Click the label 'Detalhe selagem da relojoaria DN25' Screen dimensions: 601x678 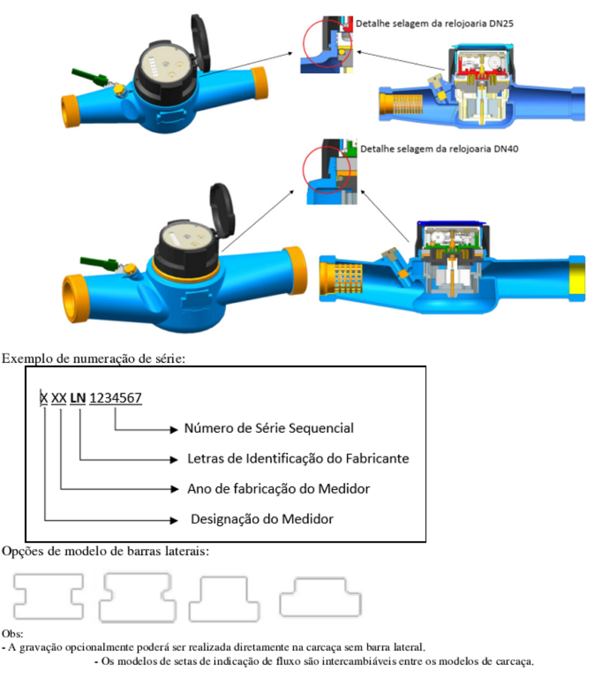pos(434,24)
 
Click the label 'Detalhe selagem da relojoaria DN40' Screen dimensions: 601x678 pos(439,149)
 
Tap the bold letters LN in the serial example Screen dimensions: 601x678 pos(78,398)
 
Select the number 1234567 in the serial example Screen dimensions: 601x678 pos(116,398)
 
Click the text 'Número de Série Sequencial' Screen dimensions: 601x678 pos(269,428)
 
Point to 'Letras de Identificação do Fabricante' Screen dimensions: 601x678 pos(298,459)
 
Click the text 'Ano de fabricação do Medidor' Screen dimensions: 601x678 pos(279,489)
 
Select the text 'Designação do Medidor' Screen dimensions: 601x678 pos(262,519)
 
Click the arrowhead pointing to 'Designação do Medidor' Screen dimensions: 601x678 pos(174,521)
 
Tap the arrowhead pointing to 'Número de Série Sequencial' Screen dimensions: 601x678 pos(174,430)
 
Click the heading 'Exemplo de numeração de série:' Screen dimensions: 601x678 pos(94,359)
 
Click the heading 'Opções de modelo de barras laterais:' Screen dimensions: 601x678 pos(106,551)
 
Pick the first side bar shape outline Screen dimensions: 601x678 pos(15,596)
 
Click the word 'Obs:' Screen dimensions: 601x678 pos(12,634)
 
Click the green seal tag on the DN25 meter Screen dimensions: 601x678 pos(90,77)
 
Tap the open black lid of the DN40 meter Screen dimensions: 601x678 pos(223,210)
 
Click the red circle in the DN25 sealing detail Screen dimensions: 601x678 pos(303,44)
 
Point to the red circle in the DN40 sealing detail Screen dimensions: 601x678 pos(303,170)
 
